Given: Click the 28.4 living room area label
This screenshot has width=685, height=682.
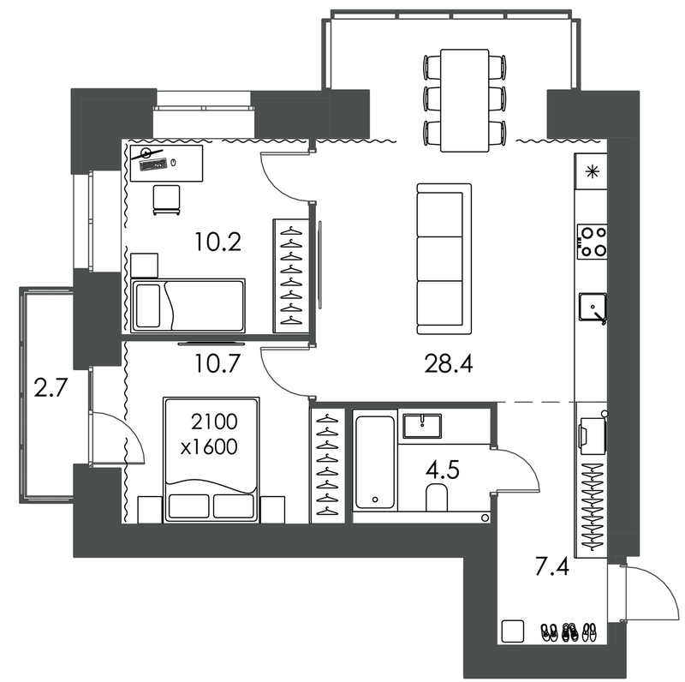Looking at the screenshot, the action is [x=448, y=364].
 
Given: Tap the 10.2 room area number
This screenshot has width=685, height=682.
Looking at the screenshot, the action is [x=217, y=242].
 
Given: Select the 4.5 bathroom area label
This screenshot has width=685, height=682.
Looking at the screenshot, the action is [x=442, y=470].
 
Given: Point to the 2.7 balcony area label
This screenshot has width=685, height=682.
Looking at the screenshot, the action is [x=51, y=387].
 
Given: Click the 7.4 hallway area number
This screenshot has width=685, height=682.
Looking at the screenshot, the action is [x=552, y=567].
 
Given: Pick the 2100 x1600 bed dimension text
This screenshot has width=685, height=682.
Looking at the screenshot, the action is [x=211, y=434].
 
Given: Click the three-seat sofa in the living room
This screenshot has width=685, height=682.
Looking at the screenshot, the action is [x=444, y=259].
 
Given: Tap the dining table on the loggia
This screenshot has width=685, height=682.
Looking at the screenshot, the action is [x=464, y=100].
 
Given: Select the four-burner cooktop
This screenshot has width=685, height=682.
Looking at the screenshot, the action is [x=592, y=242].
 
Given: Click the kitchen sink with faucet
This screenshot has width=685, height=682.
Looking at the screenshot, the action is [x=593, y=307].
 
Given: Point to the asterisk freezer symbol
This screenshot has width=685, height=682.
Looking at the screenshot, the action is [x=592, y=172].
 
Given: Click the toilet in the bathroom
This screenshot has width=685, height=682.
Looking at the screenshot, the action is [x=437, y=498].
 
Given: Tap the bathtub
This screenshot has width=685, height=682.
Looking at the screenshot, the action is [x=375, y=462].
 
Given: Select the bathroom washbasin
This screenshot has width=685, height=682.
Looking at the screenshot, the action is [x=422, y=426].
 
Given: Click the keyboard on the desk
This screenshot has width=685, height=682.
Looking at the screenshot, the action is [x=153, y=165].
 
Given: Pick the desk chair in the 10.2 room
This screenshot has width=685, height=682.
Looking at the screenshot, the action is [x=166, y=200].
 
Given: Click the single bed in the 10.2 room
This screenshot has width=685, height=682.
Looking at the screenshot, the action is [x=188, y=305].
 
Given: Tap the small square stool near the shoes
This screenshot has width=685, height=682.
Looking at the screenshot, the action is [x=512, y=631].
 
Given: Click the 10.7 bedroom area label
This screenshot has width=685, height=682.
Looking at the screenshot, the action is [x=217, y=364].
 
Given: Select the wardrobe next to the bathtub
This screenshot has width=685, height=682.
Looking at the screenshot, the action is [x=328, y=465].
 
